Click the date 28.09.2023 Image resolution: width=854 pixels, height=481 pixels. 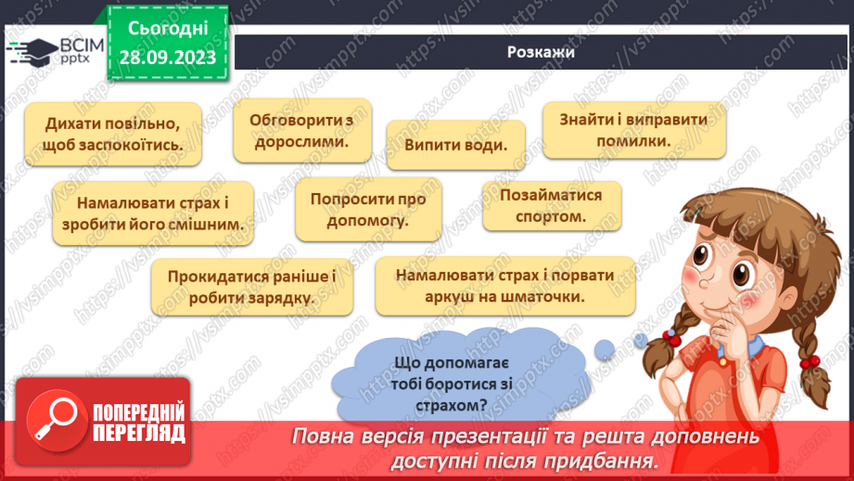[169, 58]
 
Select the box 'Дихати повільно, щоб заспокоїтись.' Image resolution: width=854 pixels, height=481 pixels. [112, 134]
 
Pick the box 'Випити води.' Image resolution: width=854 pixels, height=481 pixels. [455, 145]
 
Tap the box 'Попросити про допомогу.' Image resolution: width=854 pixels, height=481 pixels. [367, 210]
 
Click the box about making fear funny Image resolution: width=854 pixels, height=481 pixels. [153, 213]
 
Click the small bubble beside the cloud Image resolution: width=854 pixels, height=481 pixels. [605, 349]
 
